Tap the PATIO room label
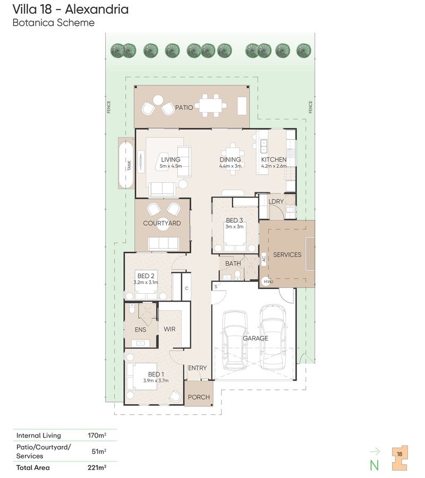[x=184, y=107]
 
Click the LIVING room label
[x=171, y=159]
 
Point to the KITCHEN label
[x=274, y=159]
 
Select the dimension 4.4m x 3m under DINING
[x=230, y=166]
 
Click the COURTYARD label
[x=162, y=224]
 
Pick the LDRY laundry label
[x=276, y=202]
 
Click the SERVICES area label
[x=287, y=254]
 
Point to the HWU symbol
[x=268, y=281]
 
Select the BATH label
[x=233, y=263]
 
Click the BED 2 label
[x=146, y=276]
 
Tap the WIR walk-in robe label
[x=169, y=329]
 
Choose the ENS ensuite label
[x=140, y=330]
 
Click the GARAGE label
[x=255, y=338]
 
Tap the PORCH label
[x=199, y=397]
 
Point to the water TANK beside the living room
[x=126, y=164]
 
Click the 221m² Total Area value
[x=97, y=467]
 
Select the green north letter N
[x=374, y=465]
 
